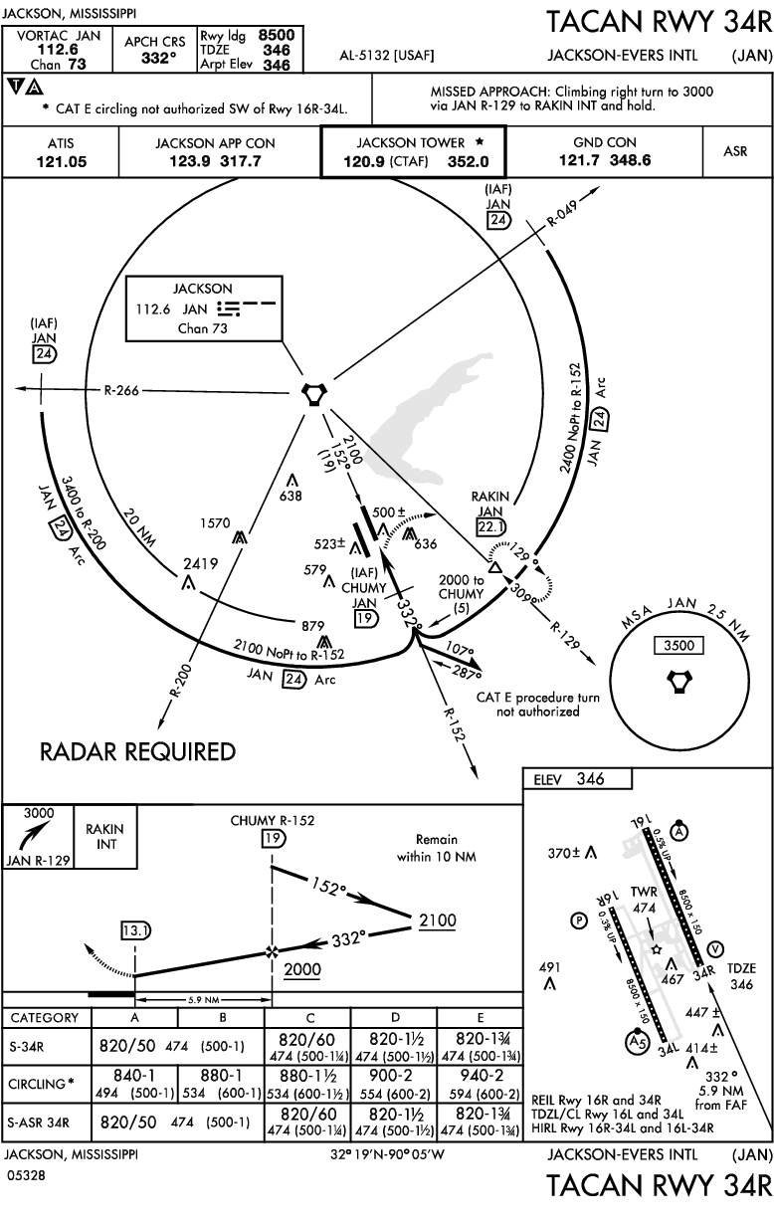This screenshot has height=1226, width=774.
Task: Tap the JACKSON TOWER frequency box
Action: click(412, 151)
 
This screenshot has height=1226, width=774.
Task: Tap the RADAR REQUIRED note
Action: click(138, 752)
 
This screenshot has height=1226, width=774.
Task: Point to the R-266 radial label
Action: click(122, 390)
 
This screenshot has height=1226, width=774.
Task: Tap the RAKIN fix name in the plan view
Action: click(491, 497)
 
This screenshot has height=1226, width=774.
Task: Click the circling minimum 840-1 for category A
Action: click(134, 1074)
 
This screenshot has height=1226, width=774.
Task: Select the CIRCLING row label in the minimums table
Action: click(37, 1082)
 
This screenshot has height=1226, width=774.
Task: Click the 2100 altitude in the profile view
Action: click(438, 919)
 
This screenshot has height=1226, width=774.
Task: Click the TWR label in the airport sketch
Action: click(645, 892)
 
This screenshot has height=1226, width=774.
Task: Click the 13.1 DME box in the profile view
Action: click(134, 930)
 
